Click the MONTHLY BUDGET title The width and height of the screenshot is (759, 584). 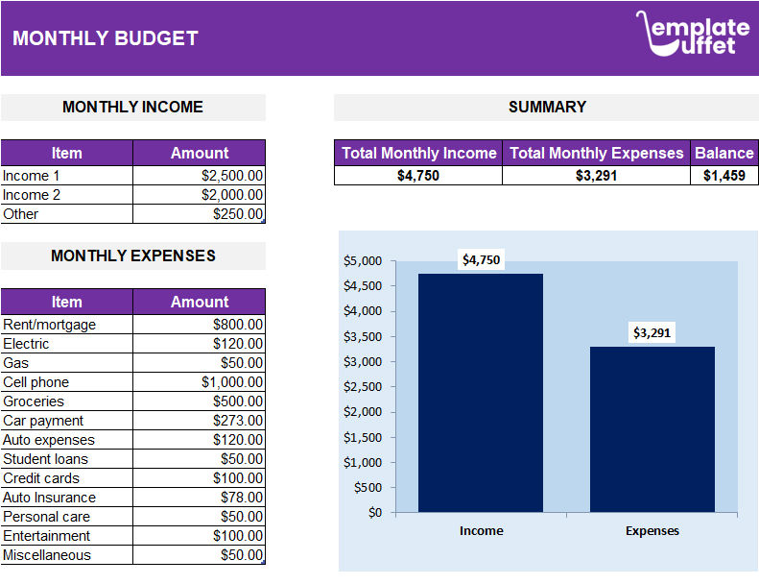[106, 38]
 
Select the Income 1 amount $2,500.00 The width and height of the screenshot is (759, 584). [232, 176]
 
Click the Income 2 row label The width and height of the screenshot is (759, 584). [32, 195]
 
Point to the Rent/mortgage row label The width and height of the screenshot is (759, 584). [50, 325]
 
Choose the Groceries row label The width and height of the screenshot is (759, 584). [34, 401]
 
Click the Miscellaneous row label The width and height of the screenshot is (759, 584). [47, 555]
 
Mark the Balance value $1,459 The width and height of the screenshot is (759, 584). [723, 176]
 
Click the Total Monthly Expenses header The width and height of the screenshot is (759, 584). [596, 153]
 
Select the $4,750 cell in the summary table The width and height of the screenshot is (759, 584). [417, 176]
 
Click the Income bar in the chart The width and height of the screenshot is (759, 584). [481, 393]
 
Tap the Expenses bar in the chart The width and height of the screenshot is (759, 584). [652, 429]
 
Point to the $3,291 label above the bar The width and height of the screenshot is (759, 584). [652, 333]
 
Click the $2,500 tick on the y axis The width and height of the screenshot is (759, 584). [363, 386]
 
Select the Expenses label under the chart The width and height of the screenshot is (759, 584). [652, 531]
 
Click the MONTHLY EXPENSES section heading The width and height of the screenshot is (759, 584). [132, 255]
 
